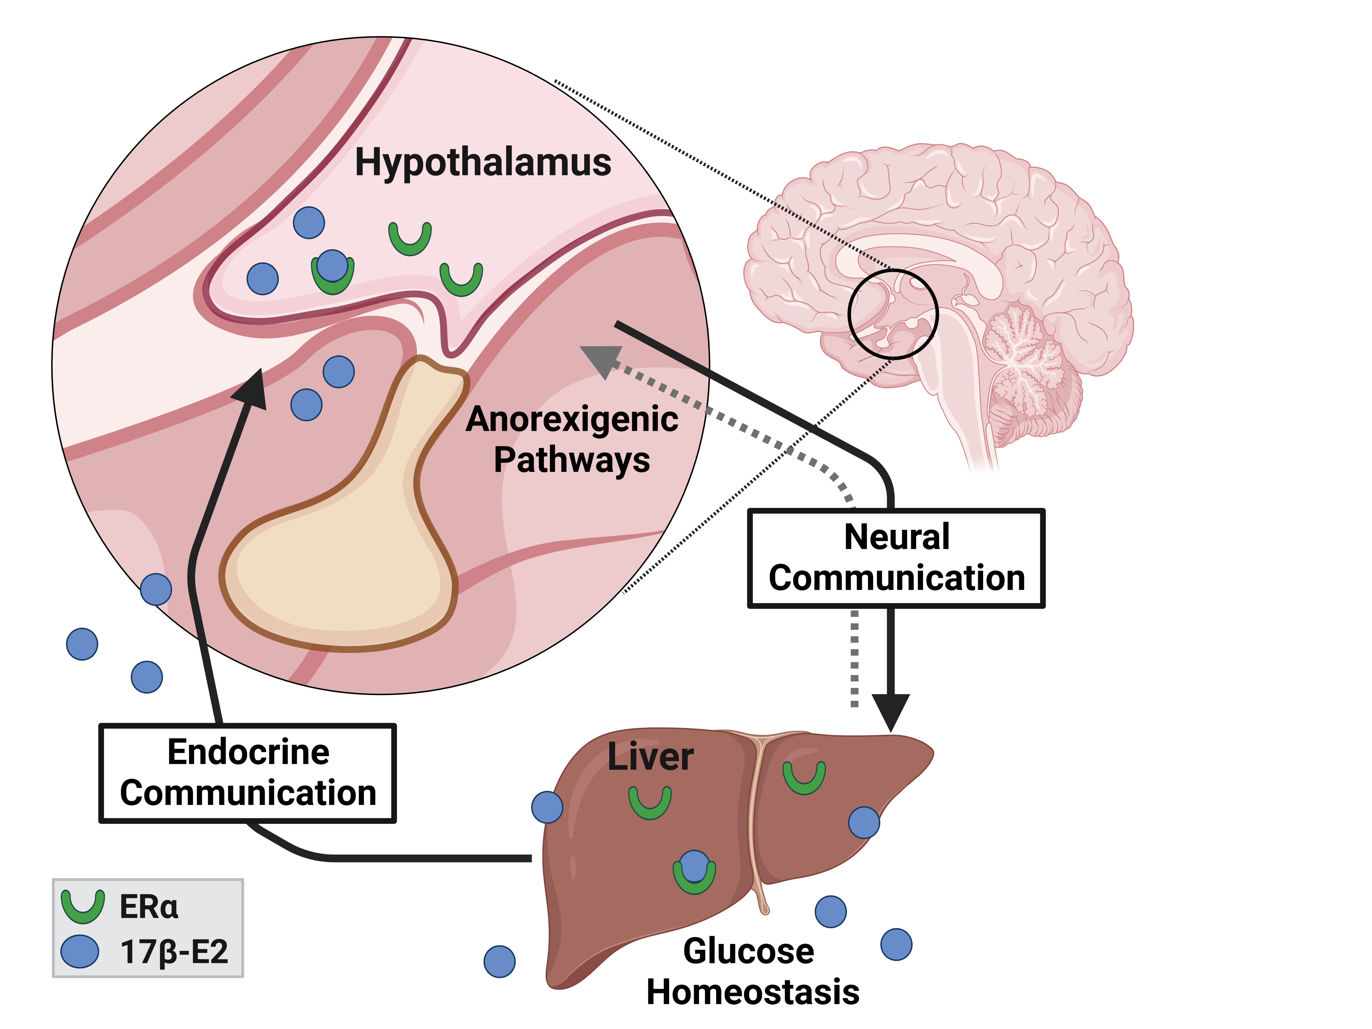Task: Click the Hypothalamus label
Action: point(482,163)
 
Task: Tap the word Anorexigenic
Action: point(572,419)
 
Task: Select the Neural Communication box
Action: point(896,558)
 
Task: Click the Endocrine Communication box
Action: point(247,773)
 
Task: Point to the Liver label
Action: point(650,757)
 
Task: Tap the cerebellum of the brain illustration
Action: point(1024,366)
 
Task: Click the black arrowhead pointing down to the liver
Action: point(891,712)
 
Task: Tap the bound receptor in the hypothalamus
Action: point(332,271)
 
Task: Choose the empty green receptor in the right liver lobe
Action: point(804,777)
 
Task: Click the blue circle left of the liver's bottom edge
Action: point(499,961)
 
